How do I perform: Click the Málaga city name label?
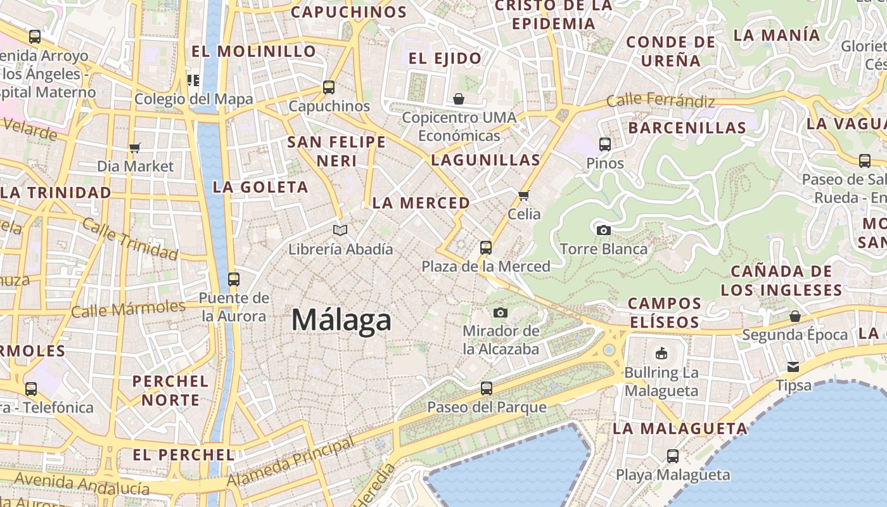[x=341, y=319]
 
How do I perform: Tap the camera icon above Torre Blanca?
[x=604, y=230]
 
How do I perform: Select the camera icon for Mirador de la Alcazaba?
[x=501, y=312]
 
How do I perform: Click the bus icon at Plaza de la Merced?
[x=486, y=248]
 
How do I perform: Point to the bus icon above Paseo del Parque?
[x=487, y=388]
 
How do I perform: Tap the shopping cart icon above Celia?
[x=523, y=195]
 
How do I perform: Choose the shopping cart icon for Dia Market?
[x=134, y=148]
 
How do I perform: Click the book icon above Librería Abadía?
[x=340, y=230]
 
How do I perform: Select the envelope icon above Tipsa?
[x=793, y=367]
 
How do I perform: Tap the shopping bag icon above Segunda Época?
[x=794, y=316]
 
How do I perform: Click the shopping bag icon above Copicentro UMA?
[x=459, y=99]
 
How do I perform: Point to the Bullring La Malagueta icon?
[x=661, y=353]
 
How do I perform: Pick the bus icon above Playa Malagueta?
[x=673, y=456]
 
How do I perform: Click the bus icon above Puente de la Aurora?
[x=234, y=279]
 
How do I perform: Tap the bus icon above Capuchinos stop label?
[x=329, y=87]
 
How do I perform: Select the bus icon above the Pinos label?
[x=605, y=144]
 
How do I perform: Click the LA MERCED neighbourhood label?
[x=421, y=203]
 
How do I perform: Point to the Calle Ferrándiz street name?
[x=661, y=100]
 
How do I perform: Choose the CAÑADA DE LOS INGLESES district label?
[x=781, y=281]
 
